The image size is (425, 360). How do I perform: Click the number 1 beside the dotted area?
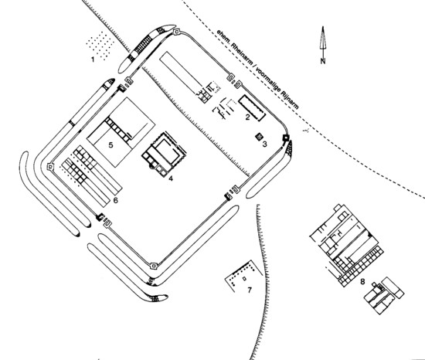(93, 59)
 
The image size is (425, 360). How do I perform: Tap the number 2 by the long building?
(247, 117)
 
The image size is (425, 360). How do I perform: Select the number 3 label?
(264, 144)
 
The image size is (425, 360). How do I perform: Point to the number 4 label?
(171, 178)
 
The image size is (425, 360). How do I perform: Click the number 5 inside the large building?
(110, 145)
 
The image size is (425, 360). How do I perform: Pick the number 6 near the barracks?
(116, 200)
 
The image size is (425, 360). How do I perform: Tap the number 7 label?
(250, 290)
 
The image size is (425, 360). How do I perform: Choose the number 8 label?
(362, 281)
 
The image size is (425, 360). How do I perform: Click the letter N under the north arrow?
(323, 61)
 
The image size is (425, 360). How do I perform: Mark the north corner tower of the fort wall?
(176, 32)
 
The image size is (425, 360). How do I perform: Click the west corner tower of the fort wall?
(50, 167)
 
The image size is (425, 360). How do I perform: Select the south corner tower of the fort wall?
(154, 267)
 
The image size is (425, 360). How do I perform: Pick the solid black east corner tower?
(286, 138)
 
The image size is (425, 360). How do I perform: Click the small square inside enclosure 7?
(244, 278)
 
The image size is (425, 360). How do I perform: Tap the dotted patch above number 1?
(100, 46)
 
